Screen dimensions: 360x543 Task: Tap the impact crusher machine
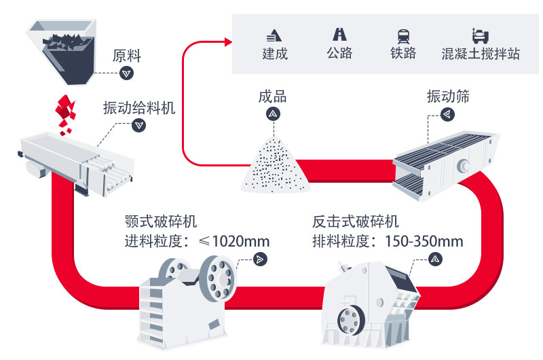pos(370,299)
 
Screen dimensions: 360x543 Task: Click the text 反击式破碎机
pos(356,222)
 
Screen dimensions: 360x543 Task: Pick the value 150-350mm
pos(424,241)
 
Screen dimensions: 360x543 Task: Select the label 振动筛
pos(447,96)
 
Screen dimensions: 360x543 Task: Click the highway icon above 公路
pos(339,34)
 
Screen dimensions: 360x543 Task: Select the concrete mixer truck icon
pos(479,35)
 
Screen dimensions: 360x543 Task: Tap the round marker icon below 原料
pos(126,73)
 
